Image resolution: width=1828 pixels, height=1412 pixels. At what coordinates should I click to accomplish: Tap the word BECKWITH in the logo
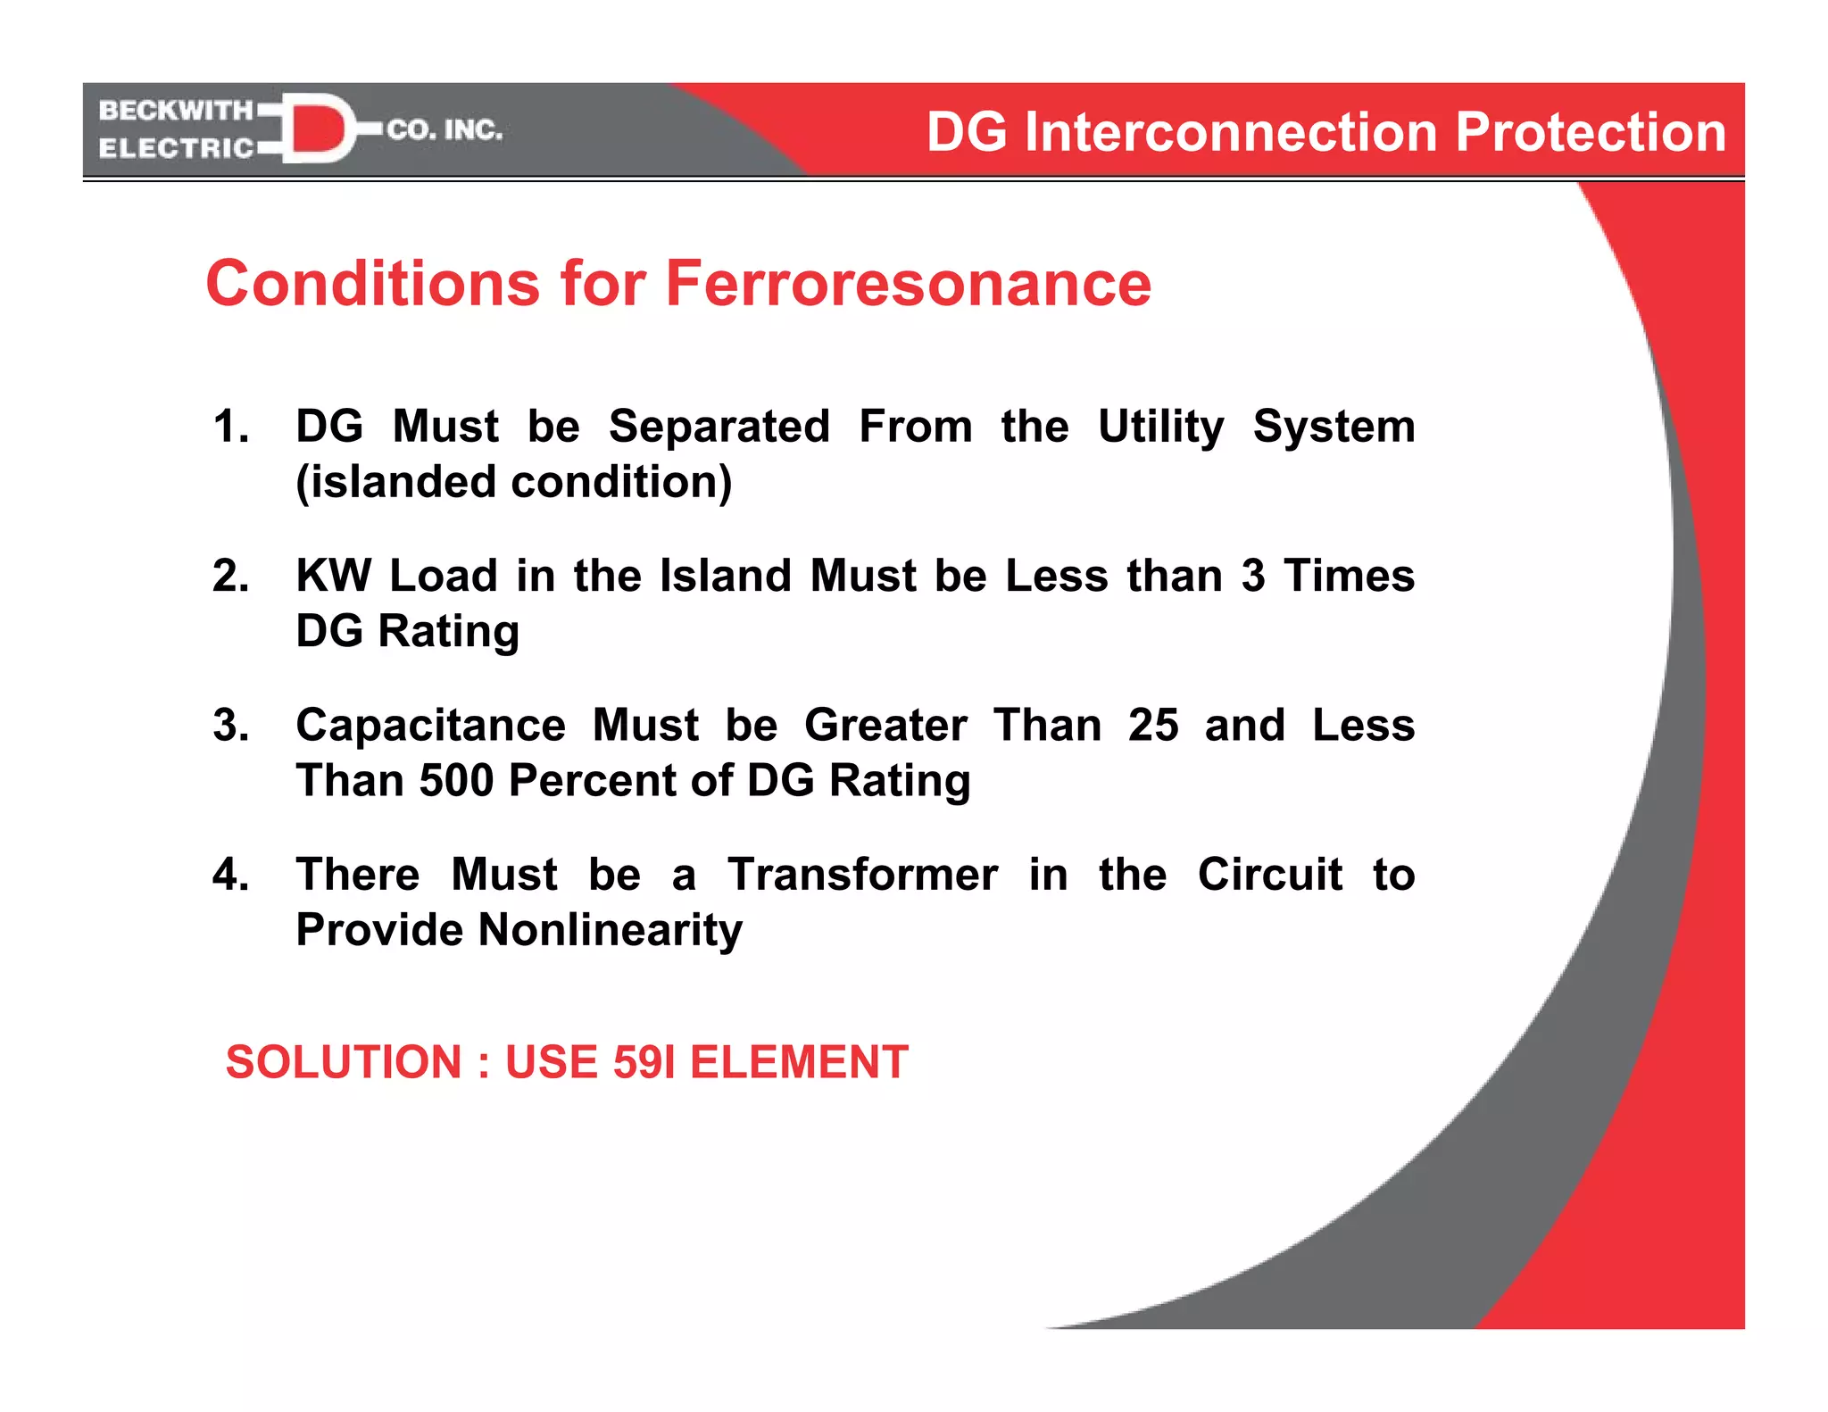176,111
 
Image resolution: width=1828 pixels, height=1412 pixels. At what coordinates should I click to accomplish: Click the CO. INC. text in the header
445,130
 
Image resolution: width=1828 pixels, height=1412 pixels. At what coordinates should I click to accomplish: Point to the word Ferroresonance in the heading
908,284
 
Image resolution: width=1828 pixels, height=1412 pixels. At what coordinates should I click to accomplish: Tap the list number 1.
230,427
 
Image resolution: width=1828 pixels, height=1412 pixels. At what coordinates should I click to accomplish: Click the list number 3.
230,725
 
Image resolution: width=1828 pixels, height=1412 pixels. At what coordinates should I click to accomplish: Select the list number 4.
230,874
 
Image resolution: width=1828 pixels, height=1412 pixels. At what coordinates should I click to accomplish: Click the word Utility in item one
1160,427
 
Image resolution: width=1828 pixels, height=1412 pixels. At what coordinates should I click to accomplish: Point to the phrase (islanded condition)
514,482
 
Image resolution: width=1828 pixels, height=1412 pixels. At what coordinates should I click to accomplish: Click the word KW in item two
333,576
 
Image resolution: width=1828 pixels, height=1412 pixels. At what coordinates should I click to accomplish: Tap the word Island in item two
725,576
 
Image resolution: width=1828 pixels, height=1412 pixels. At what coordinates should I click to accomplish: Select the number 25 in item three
1152,725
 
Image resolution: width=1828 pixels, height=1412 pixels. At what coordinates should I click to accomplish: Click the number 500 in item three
456,780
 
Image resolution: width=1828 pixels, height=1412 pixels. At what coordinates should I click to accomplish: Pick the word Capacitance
430,725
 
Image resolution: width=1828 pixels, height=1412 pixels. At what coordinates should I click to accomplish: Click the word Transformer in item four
862,874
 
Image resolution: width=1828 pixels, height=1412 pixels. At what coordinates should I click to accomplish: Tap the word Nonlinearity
610,930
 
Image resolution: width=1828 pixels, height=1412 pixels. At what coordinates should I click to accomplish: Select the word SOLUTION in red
344,1062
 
